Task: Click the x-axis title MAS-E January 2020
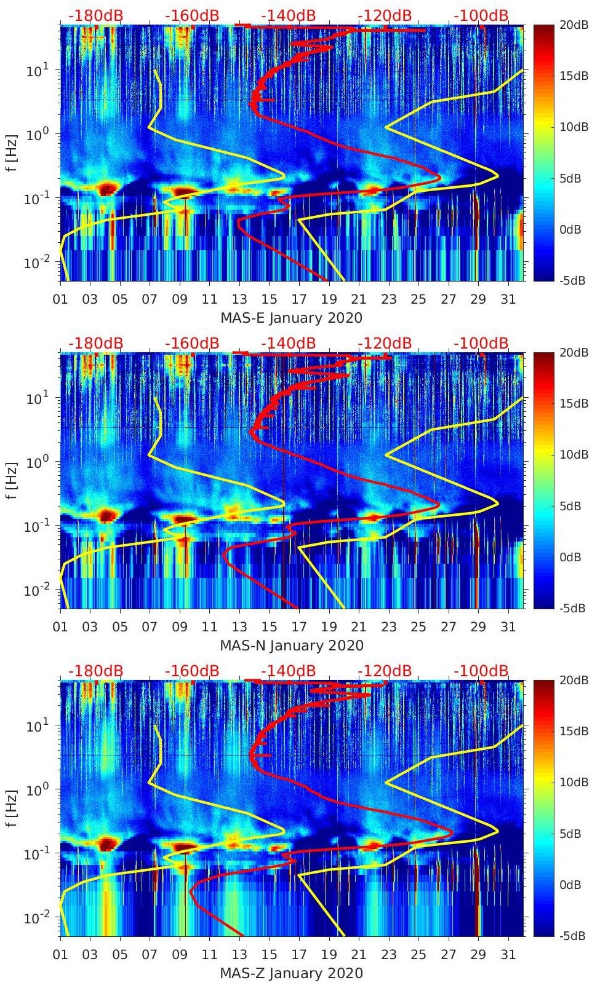point(291,318)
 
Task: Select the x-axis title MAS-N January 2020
point(291,645)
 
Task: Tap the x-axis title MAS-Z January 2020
point(291,973)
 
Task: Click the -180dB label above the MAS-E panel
point(95,15)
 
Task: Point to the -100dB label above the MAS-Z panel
point(481,671)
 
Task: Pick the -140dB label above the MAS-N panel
point(288,343)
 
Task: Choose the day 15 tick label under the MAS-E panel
point(269,299)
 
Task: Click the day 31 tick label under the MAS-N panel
point(508,627)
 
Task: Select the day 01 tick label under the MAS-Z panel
point(60,955)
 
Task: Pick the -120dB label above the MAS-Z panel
point(385,671)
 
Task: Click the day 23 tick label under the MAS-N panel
point(388,627)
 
